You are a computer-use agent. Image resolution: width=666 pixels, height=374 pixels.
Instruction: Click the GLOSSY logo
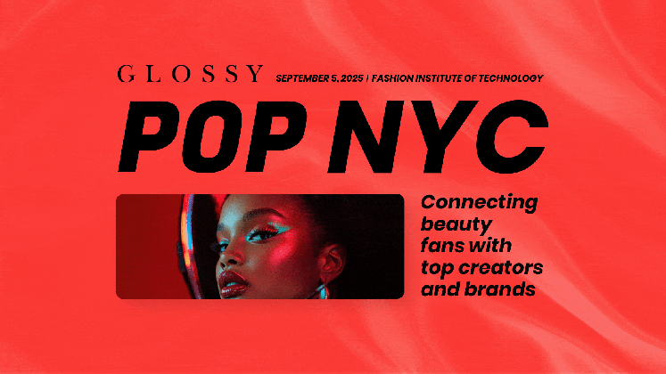click(190, 74)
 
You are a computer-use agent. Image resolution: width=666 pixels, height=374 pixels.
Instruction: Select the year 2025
click(352, 78)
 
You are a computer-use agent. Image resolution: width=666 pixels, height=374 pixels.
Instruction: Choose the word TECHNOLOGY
click(511, 78)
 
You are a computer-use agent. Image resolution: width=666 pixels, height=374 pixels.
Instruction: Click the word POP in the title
click(212, 136)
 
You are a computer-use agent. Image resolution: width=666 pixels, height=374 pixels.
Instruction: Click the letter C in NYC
click(511, 136)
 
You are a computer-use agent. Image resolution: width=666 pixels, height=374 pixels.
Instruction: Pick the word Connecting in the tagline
click(479, 203)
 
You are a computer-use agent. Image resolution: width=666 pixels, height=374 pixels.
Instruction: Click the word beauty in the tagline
click(456, 224)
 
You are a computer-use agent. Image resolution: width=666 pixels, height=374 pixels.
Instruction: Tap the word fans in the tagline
click(440, 246)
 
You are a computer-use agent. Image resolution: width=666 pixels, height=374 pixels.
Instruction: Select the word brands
click(499, 289)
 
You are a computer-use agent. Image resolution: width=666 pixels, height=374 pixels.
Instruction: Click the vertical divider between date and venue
click(368, 78)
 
